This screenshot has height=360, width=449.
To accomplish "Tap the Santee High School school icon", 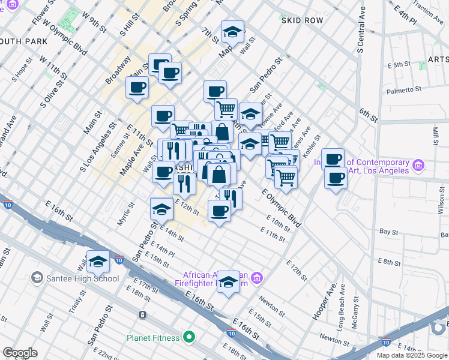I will click(x=37, y=278).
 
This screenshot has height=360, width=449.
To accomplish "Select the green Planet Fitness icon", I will click(x=189, y=337).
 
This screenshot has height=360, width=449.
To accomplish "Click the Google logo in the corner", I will click(x=20, y=352).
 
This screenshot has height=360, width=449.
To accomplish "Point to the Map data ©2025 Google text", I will click(x=411, y=355).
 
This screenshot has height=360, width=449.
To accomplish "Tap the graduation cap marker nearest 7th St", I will click(x=232, y=32).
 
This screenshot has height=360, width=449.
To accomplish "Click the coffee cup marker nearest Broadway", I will click(x=137, y=88).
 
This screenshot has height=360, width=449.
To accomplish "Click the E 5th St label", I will click(x=399, y=64).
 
